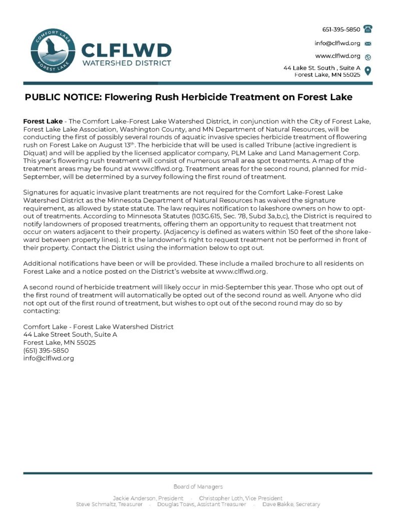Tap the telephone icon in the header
[x=368, y=29]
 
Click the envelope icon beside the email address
[x=368, y=43]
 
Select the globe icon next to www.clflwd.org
[x=368, y=57]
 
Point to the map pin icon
[x=368, y=71]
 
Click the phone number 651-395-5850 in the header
[x=340, y=29]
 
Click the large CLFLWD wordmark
[x=126, y=50]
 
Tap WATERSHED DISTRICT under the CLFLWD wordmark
[x=126, y=63]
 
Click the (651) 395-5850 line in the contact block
[x=46, y=350]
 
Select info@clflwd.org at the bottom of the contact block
[x=49, y=358]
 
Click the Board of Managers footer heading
[x=198, y=486]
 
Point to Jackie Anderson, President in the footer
[x=141, y=498]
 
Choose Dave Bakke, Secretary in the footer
[x=287, y=504]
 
